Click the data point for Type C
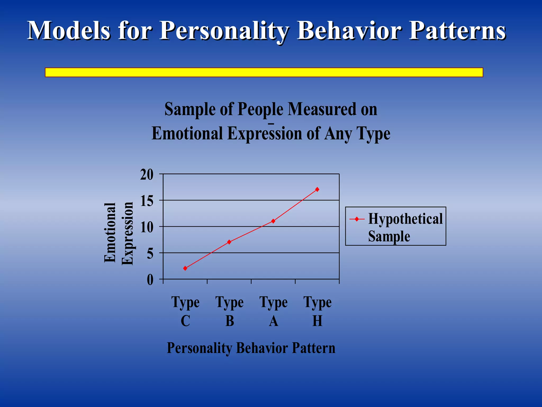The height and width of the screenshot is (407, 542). [x=185, y=268]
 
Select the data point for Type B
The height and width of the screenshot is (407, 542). [x=229, y=242]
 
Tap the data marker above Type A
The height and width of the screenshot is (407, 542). [x=273, y=221]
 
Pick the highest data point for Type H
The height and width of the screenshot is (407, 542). [x=317, y=189]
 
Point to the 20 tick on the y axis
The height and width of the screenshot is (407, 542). [x=147, y=175]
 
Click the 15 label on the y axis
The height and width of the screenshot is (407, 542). [x=147, y=201]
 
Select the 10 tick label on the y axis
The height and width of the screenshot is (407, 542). [x=147, y=227]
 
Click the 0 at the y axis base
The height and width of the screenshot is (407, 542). [x=150, y=280]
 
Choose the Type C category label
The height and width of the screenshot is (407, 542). [x=185, y=311]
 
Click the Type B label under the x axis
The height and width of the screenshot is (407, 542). [x=229, y=311]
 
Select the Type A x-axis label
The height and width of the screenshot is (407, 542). [x=273, y=311]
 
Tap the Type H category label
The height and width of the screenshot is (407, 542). [x=317, y=311]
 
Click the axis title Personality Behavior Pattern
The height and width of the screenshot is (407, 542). [x=251, y=348]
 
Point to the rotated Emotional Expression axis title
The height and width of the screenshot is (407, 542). [x=118, y=233]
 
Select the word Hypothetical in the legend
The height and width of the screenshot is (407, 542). [x=405, y=219]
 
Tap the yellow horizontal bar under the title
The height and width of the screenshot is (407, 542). [x=264, y=72]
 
